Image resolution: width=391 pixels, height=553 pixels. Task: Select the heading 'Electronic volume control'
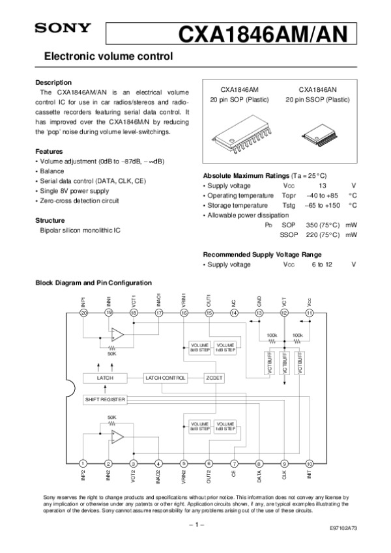108,57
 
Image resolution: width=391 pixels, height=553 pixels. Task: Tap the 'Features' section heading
49,150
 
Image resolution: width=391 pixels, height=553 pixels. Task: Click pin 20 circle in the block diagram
83,313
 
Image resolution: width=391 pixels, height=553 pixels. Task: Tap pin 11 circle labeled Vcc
310,313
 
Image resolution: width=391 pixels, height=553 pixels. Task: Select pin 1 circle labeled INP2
83,463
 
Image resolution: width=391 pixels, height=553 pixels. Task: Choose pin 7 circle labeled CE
234,463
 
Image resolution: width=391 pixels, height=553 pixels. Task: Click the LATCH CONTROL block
166,378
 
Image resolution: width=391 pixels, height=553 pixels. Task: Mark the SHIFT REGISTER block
106,399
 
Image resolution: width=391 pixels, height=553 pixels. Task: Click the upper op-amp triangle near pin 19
117,335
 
